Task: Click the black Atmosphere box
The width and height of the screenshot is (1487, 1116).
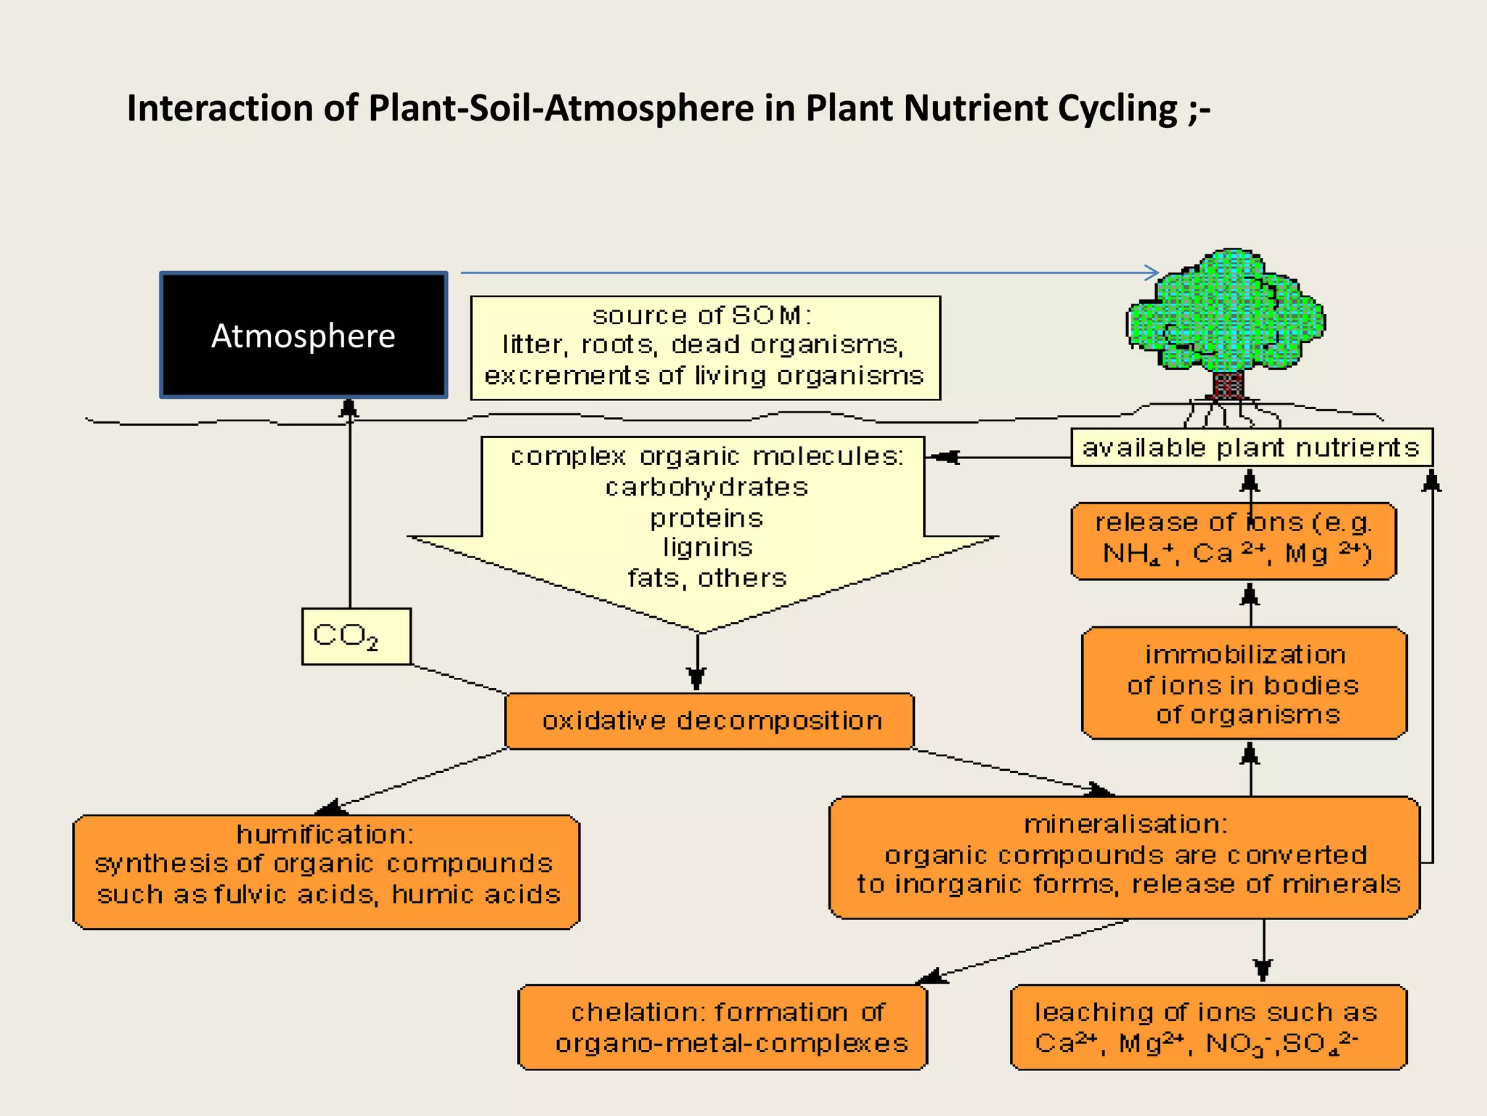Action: click(303, 335)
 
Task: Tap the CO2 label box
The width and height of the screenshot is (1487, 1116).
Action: click(356, 636)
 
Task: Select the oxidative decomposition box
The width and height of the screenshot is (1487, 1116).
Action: click(709, 721)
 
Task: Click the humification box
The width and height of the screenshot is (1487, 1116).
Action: click(326, 871)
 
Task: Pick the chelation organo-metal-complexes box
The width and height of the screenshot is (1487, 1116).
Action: click(722, 1027)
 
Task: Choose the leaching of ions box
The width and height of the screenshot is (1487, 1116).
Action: click(1208, 1027)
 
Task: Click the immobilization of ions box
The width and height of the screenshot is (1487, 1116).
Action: click(1244, 684)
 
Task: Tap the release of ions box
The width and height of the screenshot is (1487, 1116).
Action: click(1233, 541)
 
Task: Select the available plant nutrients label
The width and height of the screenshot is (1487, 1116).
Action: click(1251, 448)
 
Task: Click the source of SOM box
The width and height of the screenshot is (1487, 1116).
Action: click(705, 347)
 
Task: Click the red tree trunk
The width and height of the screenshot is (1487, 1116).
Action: click(1228, 385)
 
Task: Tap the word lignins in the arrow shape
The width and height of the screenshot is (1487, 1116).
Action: click(707, 547)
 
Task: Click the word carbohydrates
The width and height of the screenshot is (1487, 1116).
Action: click(706, 487)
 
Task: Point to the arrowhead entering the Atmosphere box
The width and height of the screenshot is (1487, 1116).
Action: click(349, 408)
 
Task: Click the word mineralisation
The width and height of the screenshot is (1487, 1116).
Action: click(1125, 824)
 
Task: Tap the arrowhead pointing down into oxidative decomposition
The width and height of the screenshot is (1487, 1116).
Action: click(697, 679)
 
